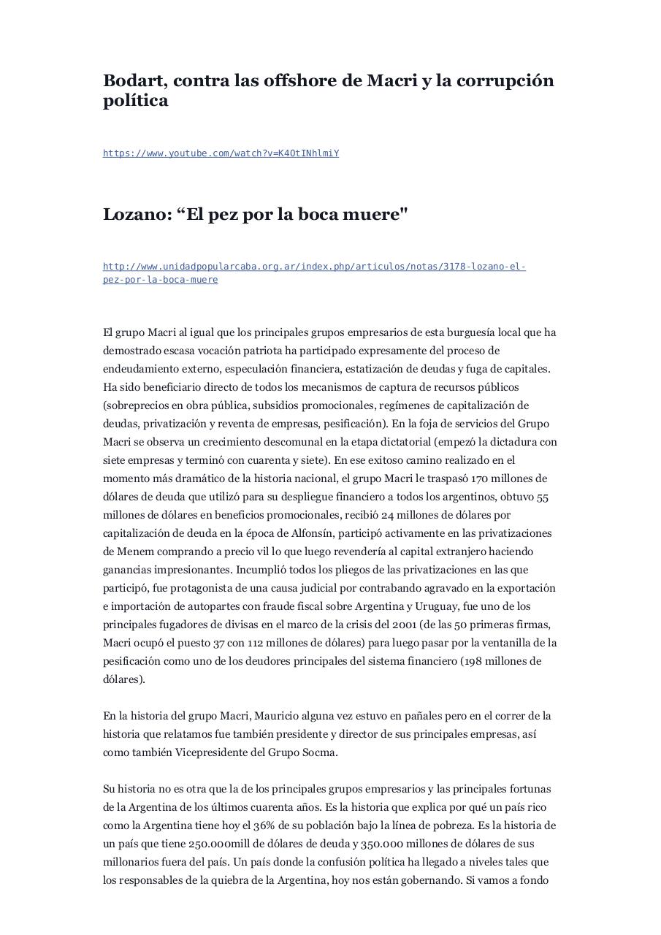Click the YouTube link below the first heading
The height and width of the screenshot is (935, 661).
tap(221, 153)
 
